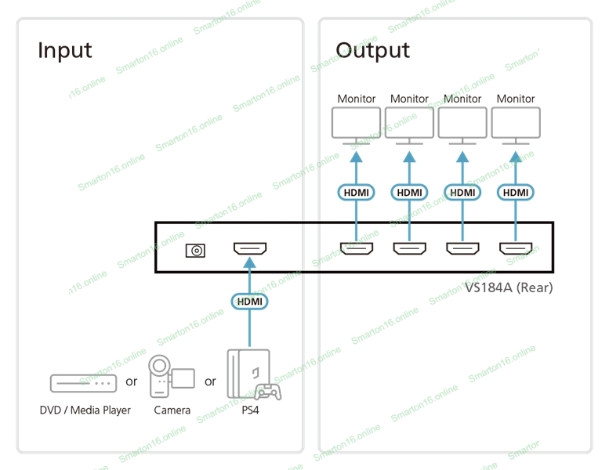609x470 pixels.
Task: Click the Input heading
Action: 65,50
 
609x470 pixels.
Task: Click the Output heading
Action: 372,50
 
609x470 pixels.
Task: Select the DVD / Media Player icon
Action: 83,383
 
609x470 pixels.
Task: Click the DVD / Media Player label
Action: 85,410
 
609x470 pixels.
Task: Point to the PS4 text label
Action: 250,410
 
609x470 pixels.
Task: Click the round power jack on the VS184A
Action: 195,251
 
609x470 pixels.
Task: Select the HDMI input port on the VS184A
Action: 250,250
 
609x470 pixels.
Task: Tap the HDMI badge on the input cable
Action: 250,301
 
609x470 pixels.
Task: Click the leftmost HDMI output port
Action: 356,250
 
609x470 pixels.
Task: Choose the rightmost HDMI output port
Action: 516,250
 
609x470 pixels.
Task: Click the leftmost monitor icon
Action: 356,124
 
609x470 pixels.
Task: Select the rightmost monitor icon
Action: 516,124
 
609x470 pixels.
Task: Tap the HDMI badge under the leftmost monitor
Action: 356,192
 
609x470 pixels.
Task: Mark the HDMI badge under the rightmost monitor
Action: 516,192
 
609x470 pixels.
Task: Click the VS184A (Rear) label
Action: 509,287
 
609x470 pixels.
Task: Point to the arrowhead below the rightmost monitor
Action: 516,157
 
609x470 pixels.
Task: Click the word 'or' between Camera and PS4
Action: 210,381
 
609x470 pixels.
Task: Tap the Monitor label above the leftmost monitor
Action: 357,99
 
